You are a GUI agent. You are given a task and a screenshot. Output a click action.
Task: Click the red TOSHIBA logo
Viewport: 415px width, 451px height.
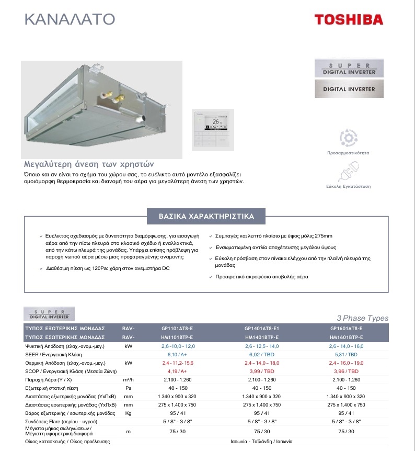(x=349, y=20)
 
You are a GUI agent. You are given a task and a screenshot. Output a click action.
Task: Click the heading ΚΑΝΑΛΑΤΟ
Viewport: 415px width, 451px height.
(x=70, y=19)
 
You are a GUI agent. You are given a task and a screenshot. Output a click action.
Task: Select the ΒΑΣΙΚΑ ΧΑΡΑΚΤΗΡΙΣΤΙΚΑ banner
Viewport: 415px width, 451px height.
(x=206, y=216)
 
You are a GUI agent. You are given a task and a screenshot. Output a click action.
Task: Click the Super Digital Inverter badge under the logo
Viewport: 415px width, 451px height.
(x=349, y=68)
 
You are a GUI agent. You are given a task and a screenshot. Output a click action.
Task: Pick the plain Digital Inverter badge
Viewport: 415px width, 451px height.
(x=349, y=89)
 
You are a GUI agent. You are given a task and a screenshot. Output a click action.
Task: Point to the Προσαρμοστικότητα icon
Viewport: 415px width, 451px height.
(x=348, y=138)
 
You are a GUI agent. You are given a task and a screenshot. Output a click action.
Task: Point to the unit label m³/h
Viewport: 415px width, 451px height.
(x=129, y=379)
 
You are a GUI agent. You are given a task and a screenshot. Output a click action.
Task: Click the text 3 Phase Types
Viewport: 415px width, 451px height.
(x=363, y=318)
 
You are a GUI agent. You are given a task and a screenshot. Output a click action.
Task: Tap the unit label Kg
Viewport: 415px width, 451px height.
(x=129, y=413)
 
